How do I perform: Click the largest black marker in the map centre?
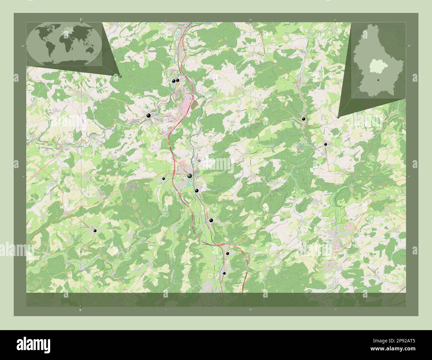coord(189,176)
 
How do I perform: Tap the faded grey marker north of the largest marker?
coord(199,160)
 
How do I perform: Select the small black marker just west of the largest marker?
coord(163,179)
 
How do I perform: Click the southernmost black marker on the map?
coord(224,273)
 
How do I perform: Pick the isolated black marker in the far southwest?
coord(95,230)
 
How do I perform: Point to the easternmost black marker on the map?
coord(325,144)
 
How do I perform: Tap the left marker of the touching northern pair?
coord(173,81)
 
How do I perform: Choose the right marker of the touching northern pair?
coord(177,80)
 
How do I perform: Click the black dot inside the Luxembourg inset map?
coord(378,80)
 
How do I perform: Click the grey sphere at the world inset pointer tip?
coord(120,76)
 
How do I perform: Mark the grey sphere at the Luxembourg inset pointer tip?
coord(338,117)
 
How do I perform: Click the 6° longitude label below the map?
coord(81,310)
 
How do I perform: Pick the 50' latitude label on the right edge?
coord(409,45)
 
